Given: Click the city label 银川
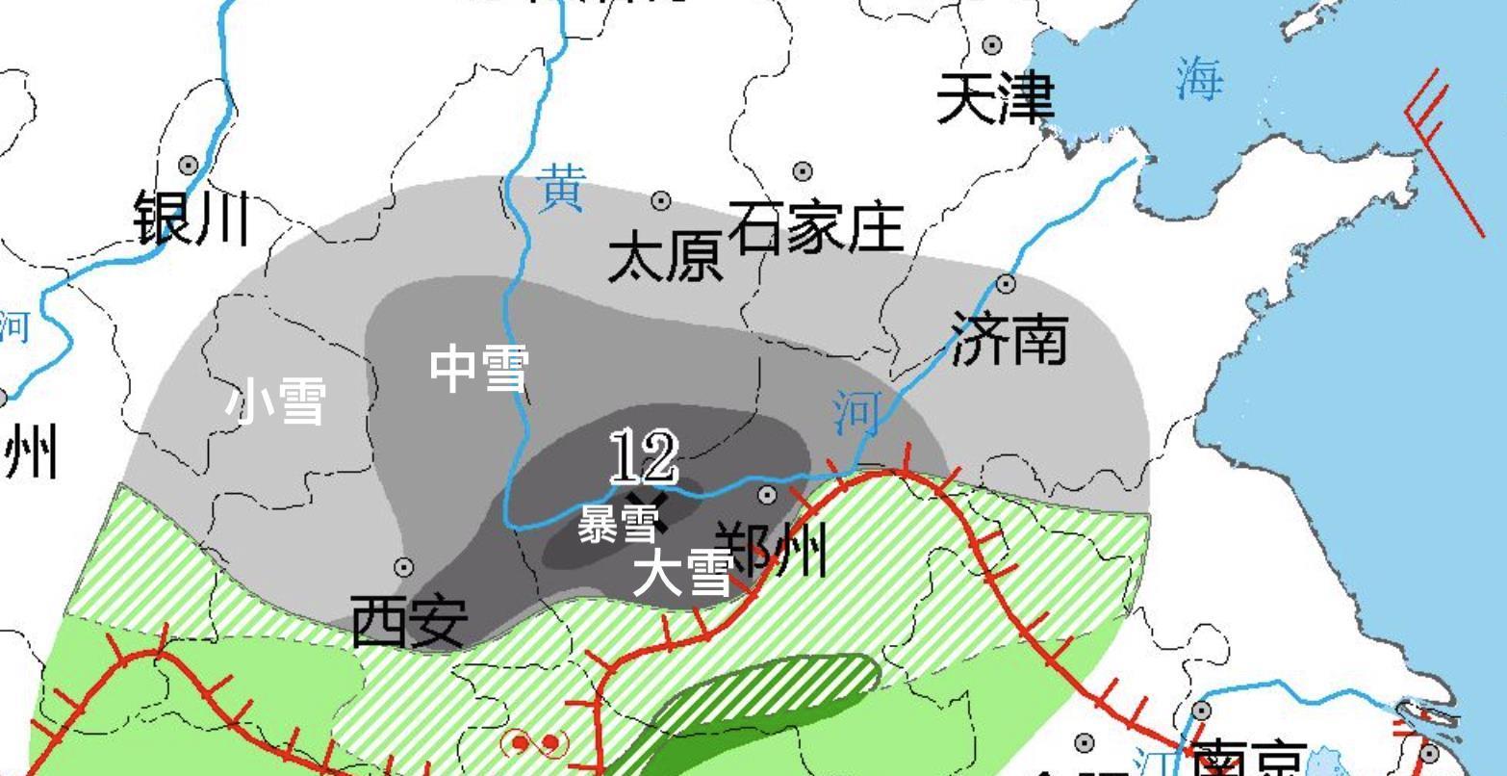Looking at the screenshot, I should coord(191,218).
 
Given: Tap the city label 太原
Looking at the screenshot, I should coord(665,258).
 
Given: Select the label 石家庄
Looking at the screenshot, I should coord(815,226).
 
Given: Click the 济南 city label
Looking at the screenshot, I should coord(1009,338).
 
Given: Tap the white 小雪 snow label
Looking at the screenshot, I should coord(276,401).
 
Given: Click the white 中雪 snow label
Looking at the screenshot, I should coord(478,369).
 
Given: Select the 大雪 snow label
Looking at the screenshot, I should coord(681,573).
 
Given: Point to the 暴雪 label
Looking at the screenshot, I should coord(618,525).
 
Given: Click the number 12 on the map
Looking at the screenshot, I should coord(644,456).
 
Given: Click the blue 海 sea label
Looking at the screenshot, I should coord(1198,79).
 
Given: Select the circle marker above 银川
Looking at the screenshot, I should coord(189,166).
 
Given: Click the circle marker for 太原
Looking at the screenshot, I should coord(661,200).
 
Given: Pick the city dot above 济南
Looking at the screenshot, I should coord(1006,284).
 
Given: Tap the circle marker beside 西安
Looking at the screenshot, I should coord(404,567).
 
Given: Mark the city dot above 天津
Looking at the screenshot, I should coord(992,44).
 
